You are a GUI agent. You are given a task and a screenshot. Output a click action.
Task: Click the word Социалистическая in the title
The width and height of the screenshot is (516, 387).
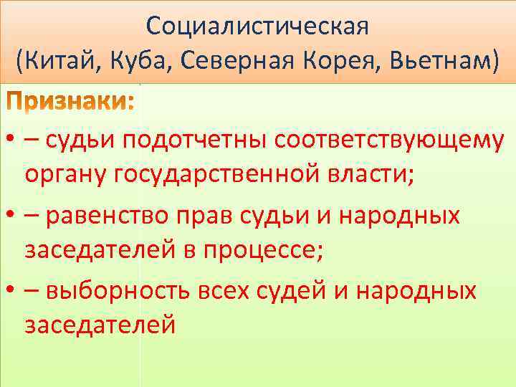point(257,27)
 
